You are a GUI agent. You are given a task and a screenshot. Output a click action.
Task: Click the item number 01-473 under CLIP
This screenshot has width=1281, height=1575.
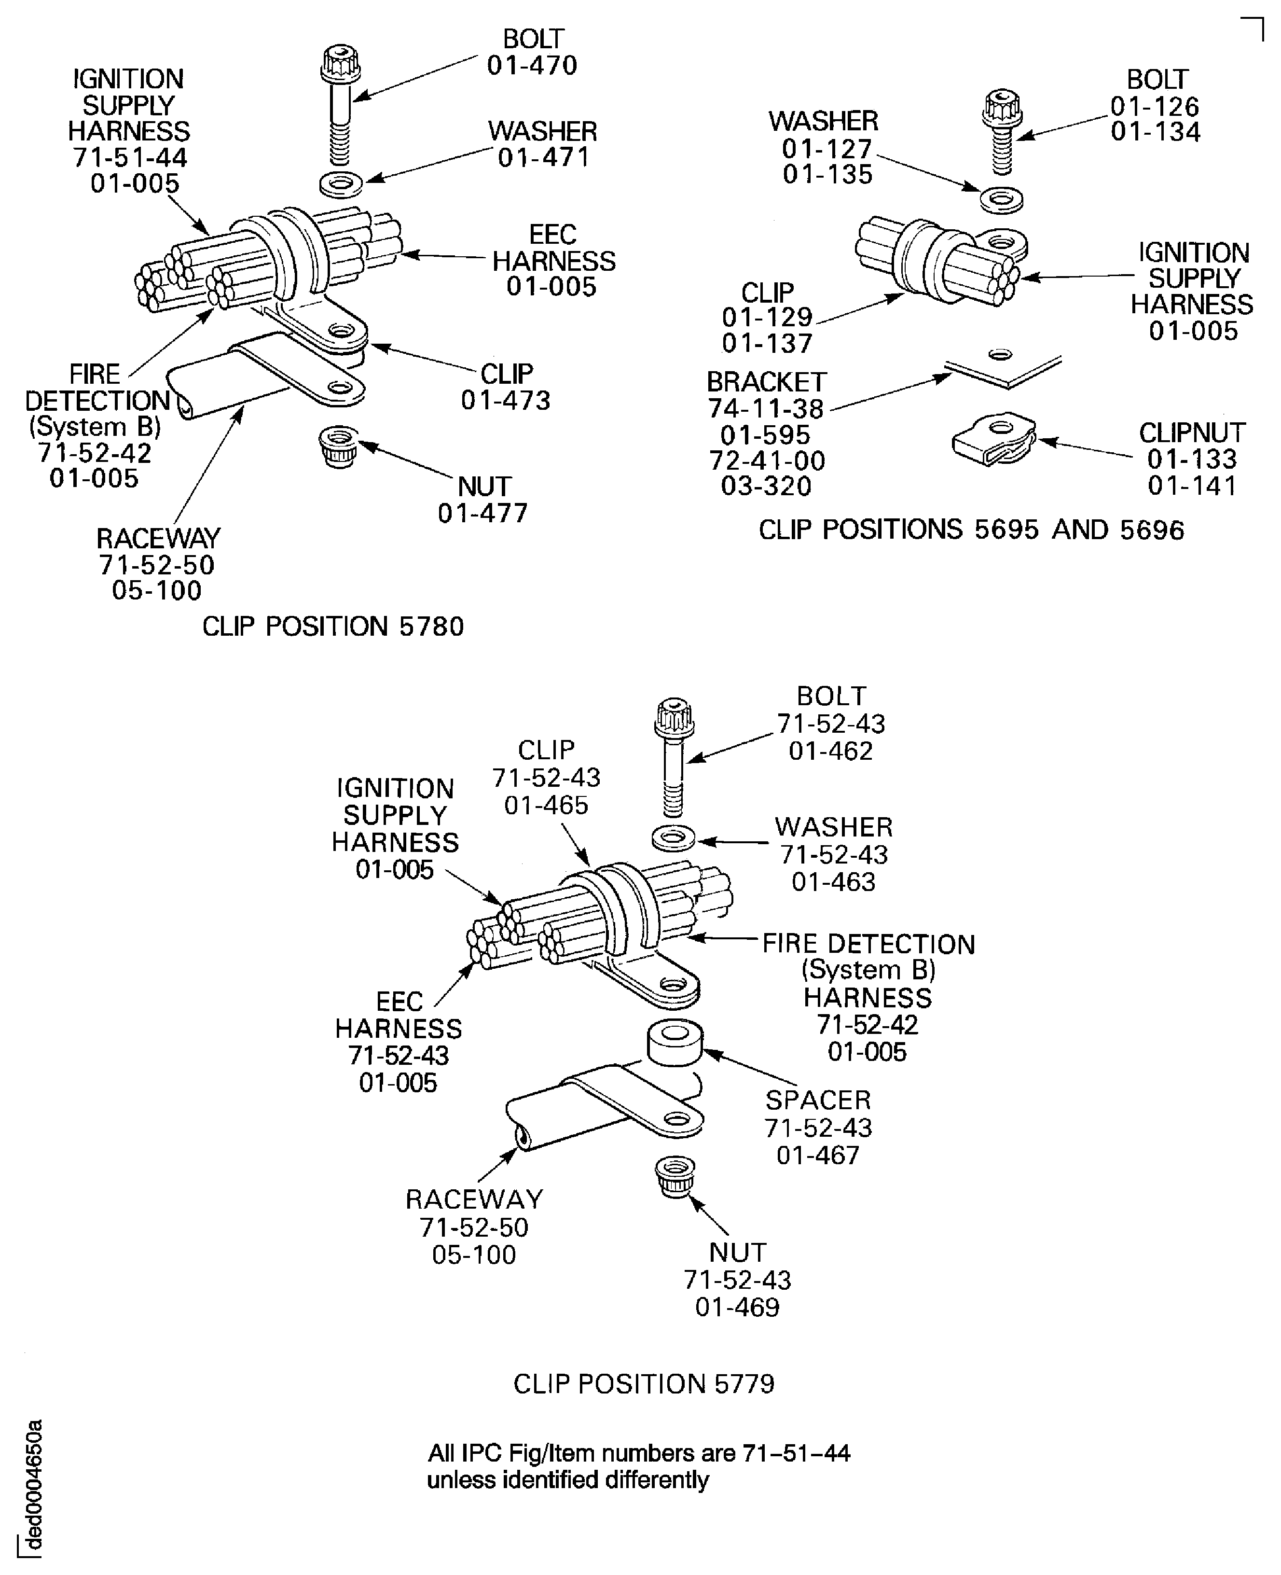(x=506, y=401)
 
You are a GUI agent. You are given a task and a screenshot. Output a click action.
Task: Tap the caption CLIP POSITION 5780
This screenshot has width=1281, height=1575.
(x=333, y=627)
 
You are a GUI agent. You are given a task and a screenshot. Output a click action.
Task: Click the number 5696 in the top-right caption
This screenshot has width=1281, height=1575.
(x=1151, y=530)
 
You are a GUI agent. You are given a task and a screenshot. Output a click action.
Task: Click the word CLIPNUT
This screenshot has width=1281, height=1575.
(x=1192, y=432)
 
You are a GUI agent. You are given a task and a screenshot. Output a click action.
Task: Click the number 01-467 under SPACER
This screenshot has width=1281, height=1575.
(x=818, y=1155)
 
